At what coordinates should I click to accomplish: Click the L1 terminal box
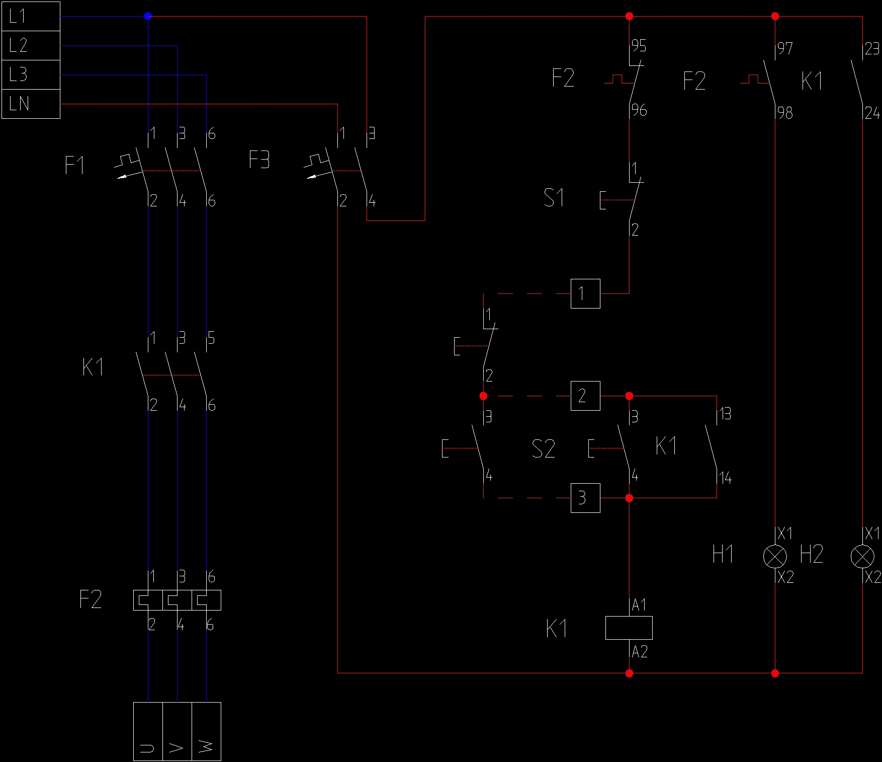(x=31, y=16)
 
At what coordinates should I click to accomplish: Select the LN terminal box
(x=31, y=104)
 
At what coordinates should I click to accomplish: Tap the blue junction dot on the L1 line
(x=147, y=16)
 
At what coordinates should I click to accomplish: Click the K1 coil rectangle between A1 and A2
(x=629, y=628)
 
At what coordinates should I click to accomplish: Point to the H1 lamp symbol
(x=775, y=556)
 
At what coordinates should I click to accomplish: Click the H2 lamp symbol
(x=862, y=556)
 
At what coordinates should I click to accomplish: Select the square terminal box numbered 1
(x=585, y=293)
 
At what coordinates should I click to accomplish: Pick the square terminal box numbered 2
(x=585, y=396)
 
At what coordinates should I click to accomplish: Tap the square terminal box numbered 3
(x=585, y=498)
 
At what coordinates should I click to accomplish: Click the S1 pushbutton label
(x=554, y=198)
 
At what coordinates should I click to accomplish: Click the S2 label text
(x=543, y=448)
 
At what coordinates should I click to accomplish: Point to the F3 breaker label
(x=259, y=160)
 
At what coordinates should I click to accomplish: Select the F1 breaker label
(x=75, y=165)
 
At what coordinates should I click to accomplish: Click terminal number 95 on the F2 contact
(x=639, y=46)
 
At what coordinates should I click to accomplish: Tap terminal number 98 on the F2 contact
(x=785, y=113)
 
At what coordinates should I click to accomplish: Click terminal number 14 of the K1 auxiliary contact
(x=725, y=478)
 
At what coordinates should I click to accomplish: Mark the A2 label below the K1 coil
(x=640, y=652)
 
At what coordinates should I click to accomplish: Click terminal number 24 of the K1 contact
(x=872, y=113)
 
